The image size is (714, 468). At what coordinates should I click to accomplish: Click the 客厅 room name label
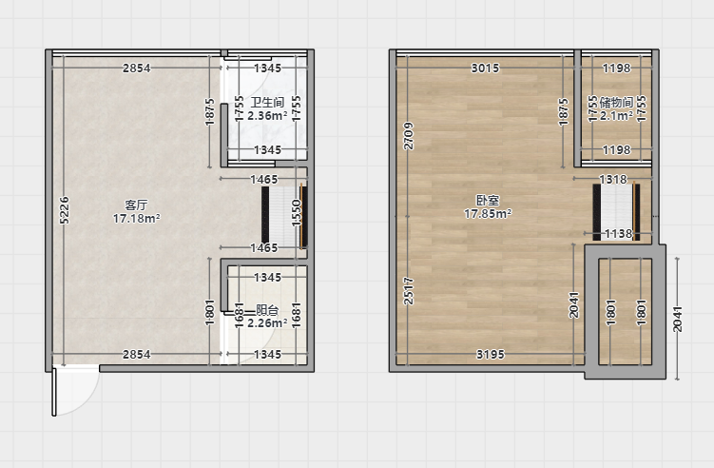136,205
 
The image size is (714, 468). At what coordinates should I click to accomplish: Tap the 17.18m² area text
136,219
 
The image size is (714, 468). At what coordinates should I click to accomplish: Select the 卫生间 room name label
267,102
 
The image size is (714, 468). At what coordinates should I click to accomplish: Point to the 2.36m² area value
267,116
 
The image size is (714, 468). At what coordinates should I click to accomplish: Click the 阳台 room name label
267,310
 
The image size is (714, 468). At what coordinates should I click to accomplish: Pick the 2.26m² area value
267,323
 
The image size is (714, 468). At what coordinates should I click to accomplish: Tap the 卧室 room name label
488,200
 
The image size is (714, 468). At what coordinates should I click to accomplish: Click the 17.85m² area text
488,213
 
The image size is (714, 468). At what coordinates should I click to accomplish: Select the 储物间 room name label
617,102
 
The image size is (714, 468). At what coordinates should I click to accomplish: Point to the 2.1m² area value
617,116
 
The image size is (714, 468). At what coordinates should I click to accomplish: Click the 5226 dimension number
65,210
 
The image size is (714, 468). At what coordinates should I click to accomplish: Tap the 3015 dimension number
485,68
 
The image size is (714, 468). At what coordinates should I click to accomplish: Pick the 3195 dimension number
491,354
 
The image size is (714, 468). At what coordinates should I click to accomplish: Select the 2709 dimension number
409,136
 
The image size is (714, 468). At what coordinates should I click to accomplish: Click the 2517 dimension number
409,291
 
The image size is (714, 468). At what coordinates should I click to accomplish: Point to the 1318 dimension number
613,179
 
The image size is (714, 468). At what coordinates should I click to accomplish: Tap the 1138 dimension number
618,234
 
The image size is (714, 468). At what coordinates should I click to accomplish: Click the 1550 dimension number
297,213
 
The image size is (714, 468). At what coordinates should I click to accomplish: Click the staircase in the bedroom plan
616,212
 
